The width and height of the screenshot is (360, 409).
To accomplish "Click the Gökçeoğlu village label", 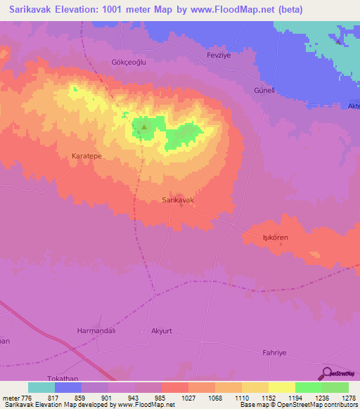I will click(128, 62).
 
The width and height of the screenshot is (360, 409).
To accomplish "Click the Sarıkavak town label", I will click(178, 200).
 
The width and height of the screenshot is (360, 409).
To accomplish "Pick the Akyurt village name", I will click(166, 330).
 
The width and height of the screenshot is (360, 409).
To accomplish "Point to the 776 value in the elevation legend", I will click(27, 398).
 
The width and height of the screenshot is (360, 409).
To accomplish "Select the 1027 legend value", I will click(188, 398).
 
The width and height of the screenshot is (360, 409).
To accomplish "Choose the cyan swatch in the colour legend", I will click(41, 387).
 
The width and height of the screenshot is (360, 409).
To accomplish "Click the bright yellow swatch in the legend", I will click(281, 387).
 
